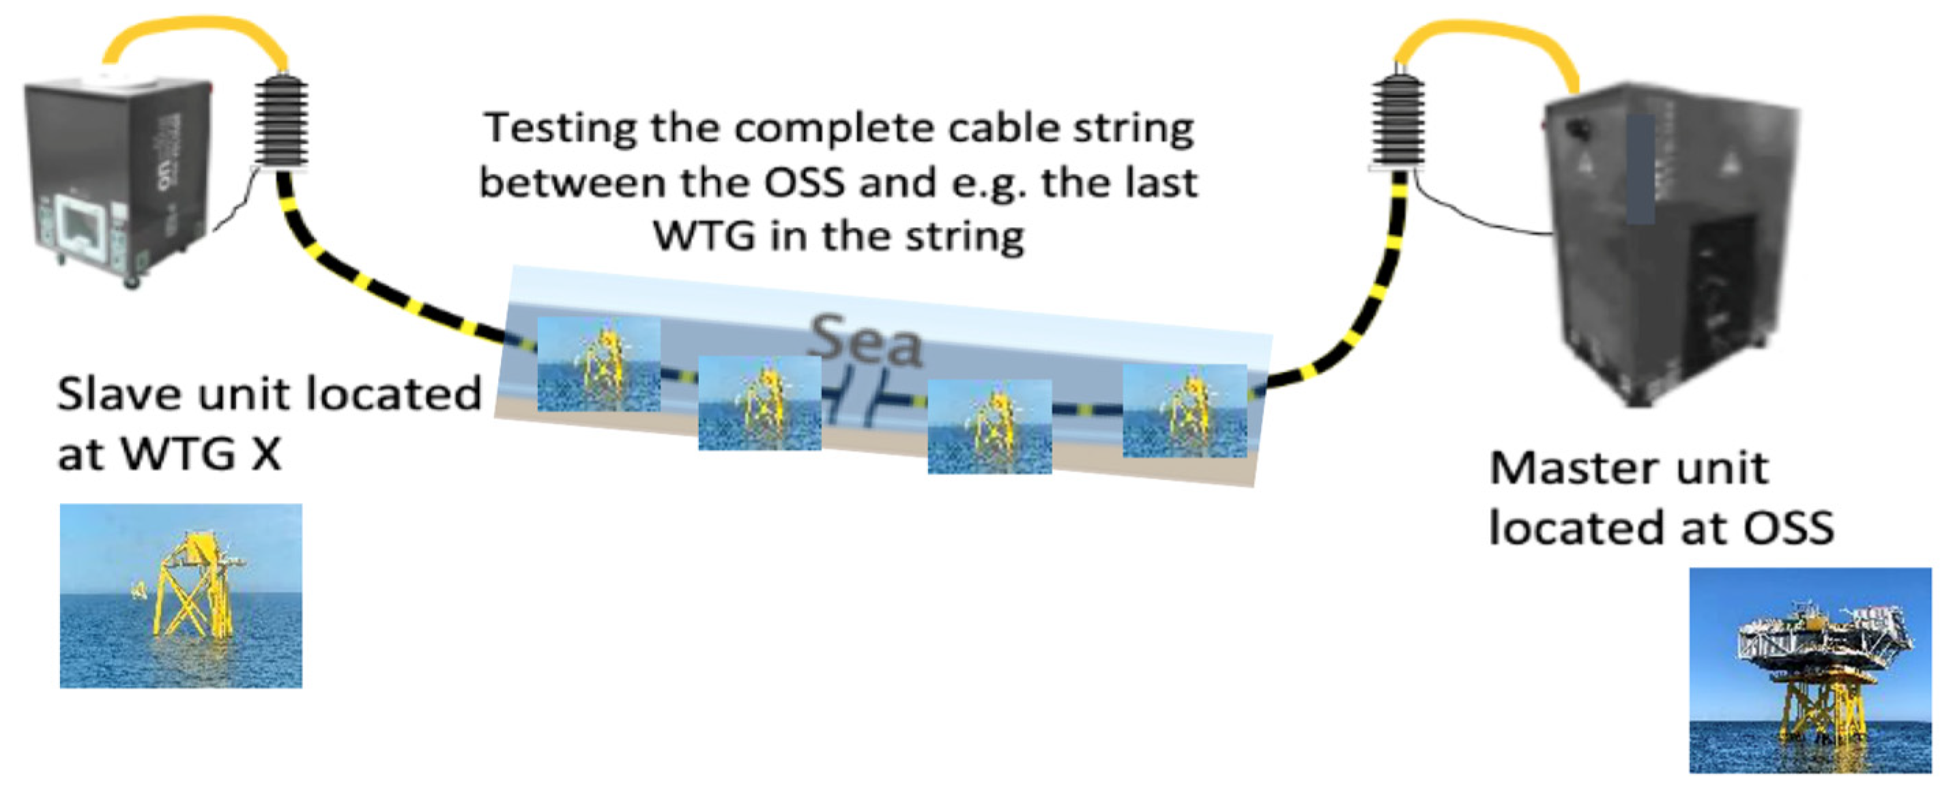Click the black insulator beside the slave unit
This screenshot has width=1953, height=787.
tap(281, 121)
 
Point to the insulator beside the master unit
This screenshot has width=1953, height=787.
tap(1399, 121)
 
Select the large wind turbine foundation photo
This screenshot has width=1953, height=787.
tap(180, 596)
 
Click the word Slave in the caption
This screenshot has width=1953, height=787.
tap(121, 395)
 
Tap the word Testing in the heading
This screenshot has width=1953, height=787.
tap(560, 128)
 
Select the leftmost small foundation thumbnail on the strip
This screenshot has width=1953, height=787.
tap(598, 364)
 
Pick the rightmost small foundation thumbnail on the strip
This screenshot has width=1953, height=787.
tap(1184, 411)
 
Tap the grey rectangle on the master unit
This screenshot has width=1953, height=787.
tap(1640, 169)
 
